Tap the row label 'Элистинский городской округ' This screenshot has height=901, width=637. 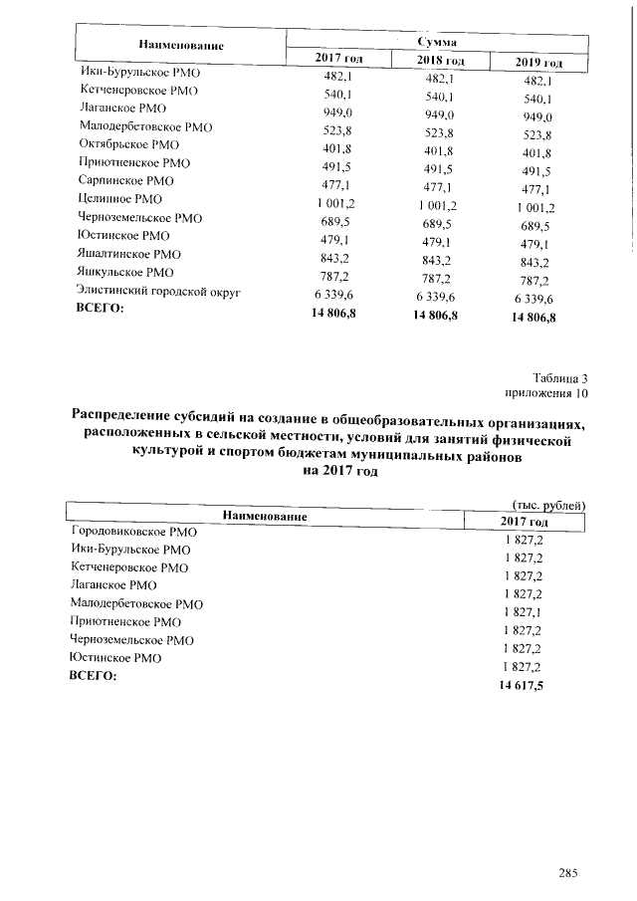(x=159, y=292)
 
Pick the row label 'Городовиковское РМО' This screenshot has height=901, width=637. (x=136, y=532)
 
